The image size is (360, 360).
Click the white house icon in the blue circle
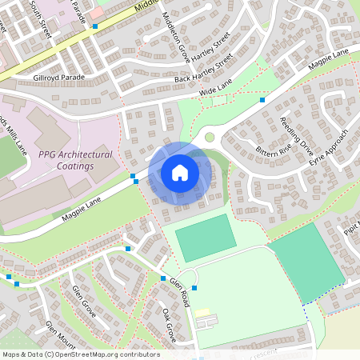(x=179, y=172)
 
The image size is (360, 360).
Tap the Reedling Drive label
(x=297, y=134)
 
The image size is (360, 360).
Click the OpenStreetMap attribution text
(x=80, y=354)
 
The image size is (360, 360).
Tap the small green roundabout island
(x=210, y=137)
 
